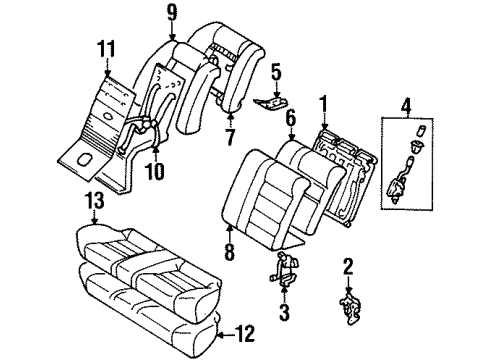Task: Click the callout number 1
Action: (323, 103)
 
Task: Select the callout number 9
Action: (172, 14)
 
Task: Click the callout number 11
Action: (106, 46)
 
